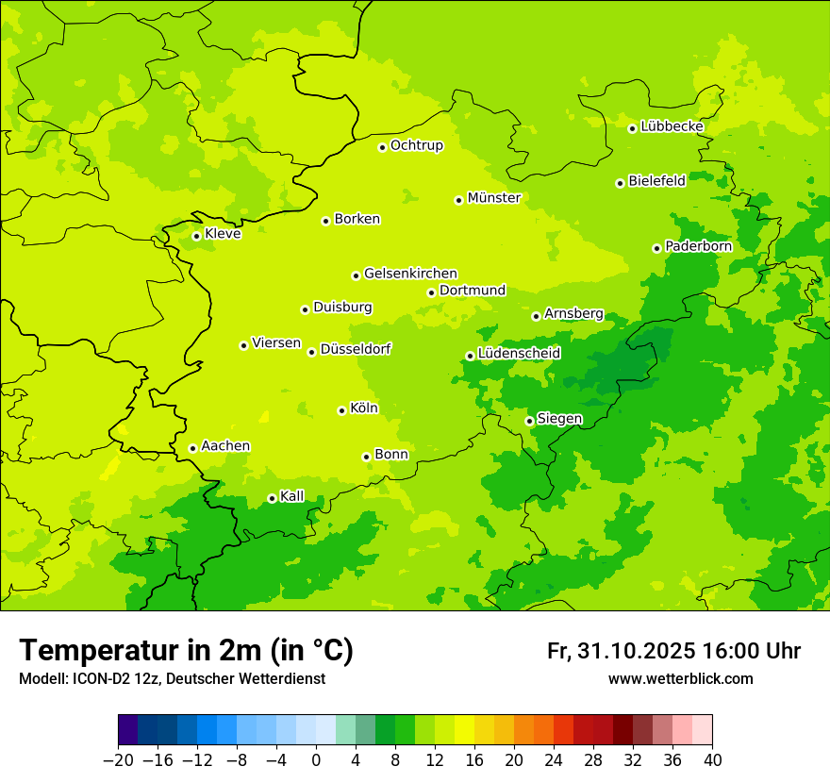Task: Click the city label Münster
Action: [x=493, y=198]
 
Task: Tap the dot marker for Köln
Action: [x=341, y=410]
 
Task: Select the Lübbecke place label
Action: [x=672, y=126]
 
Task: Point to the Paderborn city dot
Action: [x=656, y=248]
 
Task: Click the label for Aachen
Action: [x=225, y=446]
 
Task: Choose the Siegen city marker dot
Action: [x=529, y=421]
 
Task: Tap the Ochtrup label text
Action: [x=416, y=145]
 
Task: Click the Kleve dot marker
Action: [x=196, y=236]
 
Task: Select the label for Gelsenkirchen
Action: [x=410, y=274]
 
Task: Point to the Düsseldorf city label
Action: [x=356, y=349]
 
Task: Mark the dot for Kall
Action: [x=272, y=498]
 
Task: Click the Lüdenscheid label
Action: [x=519, y=354]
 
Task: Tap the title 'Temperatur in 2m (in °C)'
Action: [x=186, y=650]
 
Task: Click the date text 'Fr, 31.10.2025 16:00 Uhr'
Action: [x=673, y=651]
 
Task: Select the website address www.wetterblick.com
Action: [x=680, y=679]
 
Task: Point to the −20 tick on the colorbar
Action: [x=119, y=759]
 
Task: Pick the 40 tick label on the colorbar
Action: [x=712, y=759]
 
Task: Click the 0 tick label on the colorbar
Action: [x=316, y=759]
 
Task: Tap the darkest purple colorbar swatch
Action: [x=128, y=730]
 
